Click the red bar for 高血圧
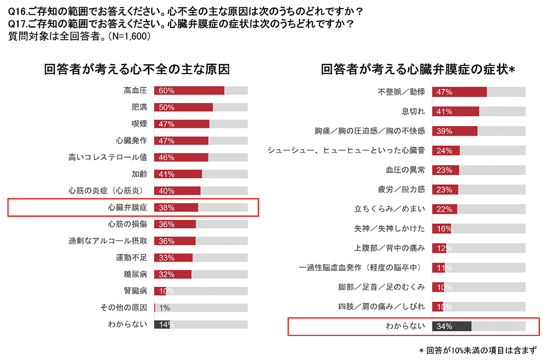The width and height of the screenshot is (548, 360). pos(189,90)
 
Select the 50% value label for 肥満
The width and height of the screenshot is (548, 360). pos(167,107)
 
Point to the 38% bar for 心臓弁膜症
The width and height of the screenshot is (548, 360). pos(176,207)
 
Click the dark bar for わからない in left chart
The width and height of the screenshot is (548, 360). pos(162,324)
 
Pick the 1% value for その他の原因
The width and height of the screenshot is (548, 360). pos(164,307)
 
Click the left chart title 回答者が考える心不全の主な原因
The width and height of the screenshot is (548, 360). pos(137,69)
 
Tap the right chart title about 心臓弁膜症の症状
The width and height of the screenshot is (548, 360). pos(418,69)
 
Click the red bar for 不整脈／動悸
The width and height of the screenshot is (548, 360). pos(459,92)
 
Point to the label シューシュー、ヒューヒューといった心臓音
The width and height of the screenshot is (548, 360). pos(346,150)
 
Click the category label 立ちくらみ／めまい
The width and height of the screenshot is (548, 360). pos(390,209)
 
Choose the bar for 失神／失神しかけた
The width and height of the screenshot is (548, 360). pos(441,228)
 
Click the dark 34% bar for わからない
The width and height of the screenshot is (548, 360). pos(451,326)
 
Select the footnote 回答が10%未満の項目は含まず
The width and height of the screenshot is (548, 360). pos(478,350)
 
